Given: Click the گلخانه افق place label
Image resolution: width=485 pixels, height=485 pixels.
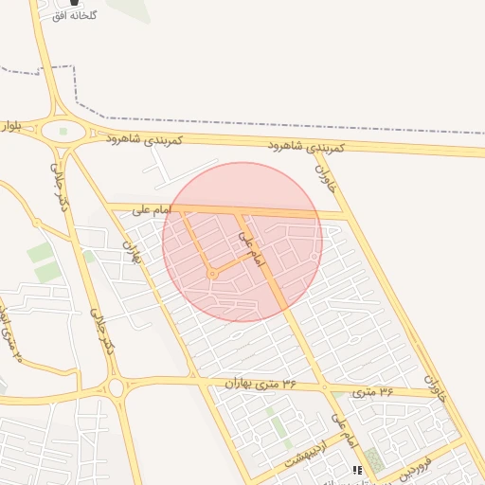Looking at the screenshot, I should pos(101,17).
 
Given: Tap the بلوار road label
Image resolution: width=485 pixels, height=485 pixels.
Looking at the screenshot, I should pos(10,125).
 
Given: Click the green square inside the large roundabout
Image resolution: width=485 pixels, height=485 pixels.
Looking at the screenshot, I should pos(63,132).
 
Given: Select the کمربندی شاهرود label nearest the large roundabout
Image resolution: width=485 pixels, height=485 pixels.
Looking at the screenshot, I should pos(142,139).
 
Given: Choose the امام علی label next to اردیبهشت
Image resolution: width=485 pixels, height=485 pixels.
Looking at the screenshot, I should pos(343,429).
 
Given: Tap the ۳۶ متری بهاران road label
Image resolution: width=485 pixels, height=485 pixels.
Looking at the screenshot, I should pos(262,382).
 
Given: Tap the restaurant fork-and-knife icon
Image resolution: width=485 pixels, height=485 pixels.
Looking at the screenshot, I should pos(357,471).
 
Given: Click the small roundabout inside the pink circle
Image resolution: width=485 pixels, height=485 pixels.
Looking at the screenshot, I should pos(213,275).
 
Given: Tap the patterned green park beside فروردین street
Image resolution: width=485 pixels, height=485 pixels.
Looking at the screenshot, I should pos(375,461).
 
